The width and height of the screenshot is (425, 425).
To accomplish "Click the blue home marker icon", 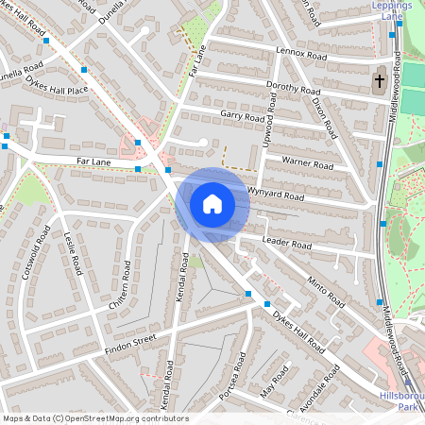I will click(212, 204).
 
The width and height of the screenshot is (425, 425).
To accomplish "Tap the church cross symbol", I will click(380, 80).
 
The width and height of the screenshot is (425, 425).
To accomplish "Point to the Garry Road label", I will click(242, 118).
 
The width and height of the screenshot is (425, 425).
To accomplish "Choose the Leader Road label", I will click(286, 244).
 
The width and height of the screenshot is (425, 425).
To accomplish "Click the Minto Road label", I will click(325, 288).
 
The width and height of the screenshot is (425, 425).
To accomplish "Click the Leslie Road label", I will click(74, 252).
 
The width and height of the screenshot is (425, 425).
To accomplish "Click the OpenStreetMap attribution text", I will click(94, 417).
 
